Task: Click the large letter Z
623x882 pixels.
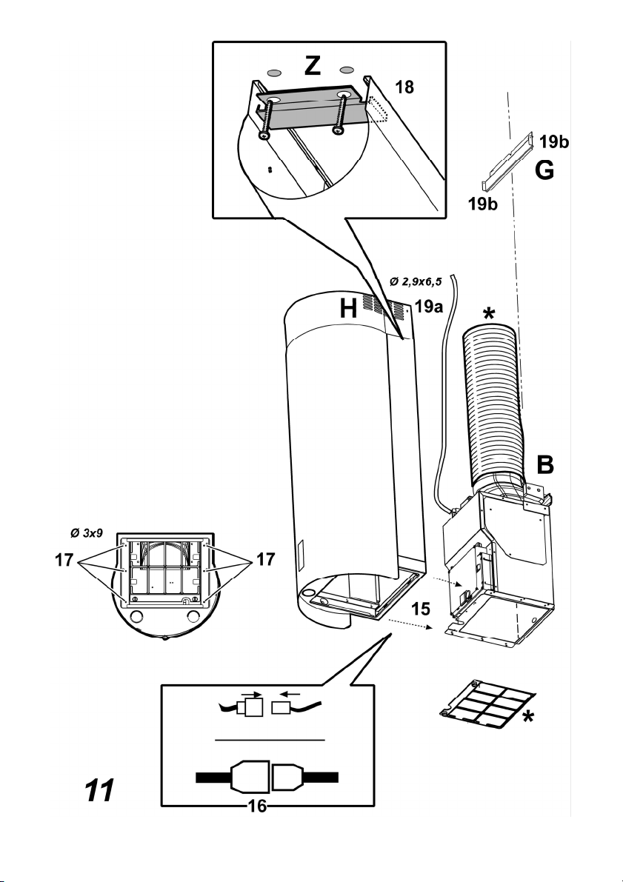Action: pyautogui.click(x=313, y=66)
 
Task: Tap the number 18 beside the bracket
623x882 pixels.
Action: pyautogui.click(x=404, y=87)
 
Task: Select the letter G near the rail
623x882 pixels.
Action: pyautogui.click(x=544, y=170)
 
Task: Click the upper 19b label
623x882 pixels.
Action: pyautogui.click(x=554, y=141)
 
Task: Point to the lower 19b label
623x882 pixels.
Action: pyautogui.click(x=483, y=204)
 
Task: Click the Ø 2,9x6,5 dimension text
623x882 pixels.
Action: pyautogui.click(x=416, y=281)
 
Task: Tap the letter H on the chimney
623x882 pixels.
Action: pyautogui.click(x=348, y=309)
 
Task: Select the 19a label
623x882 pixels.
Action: pyautogui.click(x=429, y=306)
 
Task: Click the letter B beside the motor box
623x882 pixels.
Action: pyautogui.click(x=544, y=464)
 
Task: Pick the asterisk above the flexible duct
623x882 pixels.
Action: pyautogui.click(x=489, y=314)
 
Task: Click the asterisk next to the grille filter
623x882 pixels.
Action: pyautogui.click(x=528, y=717)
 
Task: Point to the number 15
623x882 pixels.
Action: pyautogui.click(x=421, y=609)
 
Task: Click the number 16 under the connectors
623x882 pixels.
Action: pyautogui.click(x=257, y=806)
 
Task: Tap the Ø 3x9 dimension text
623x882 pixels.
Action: pyautogui.click(x=87, y=532)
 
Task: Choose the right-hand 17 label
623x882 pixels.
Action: pyautogui.click(x=266, y=559)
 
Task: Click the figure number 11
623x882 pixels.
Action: pyautogui.click(x=99, y=790)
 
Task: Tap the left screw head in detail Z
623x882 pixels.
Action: pyautogui.click(x=263, y=136)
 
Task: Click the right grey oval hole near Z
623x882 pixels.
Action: pyautogui.click(x=347, y=70)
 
